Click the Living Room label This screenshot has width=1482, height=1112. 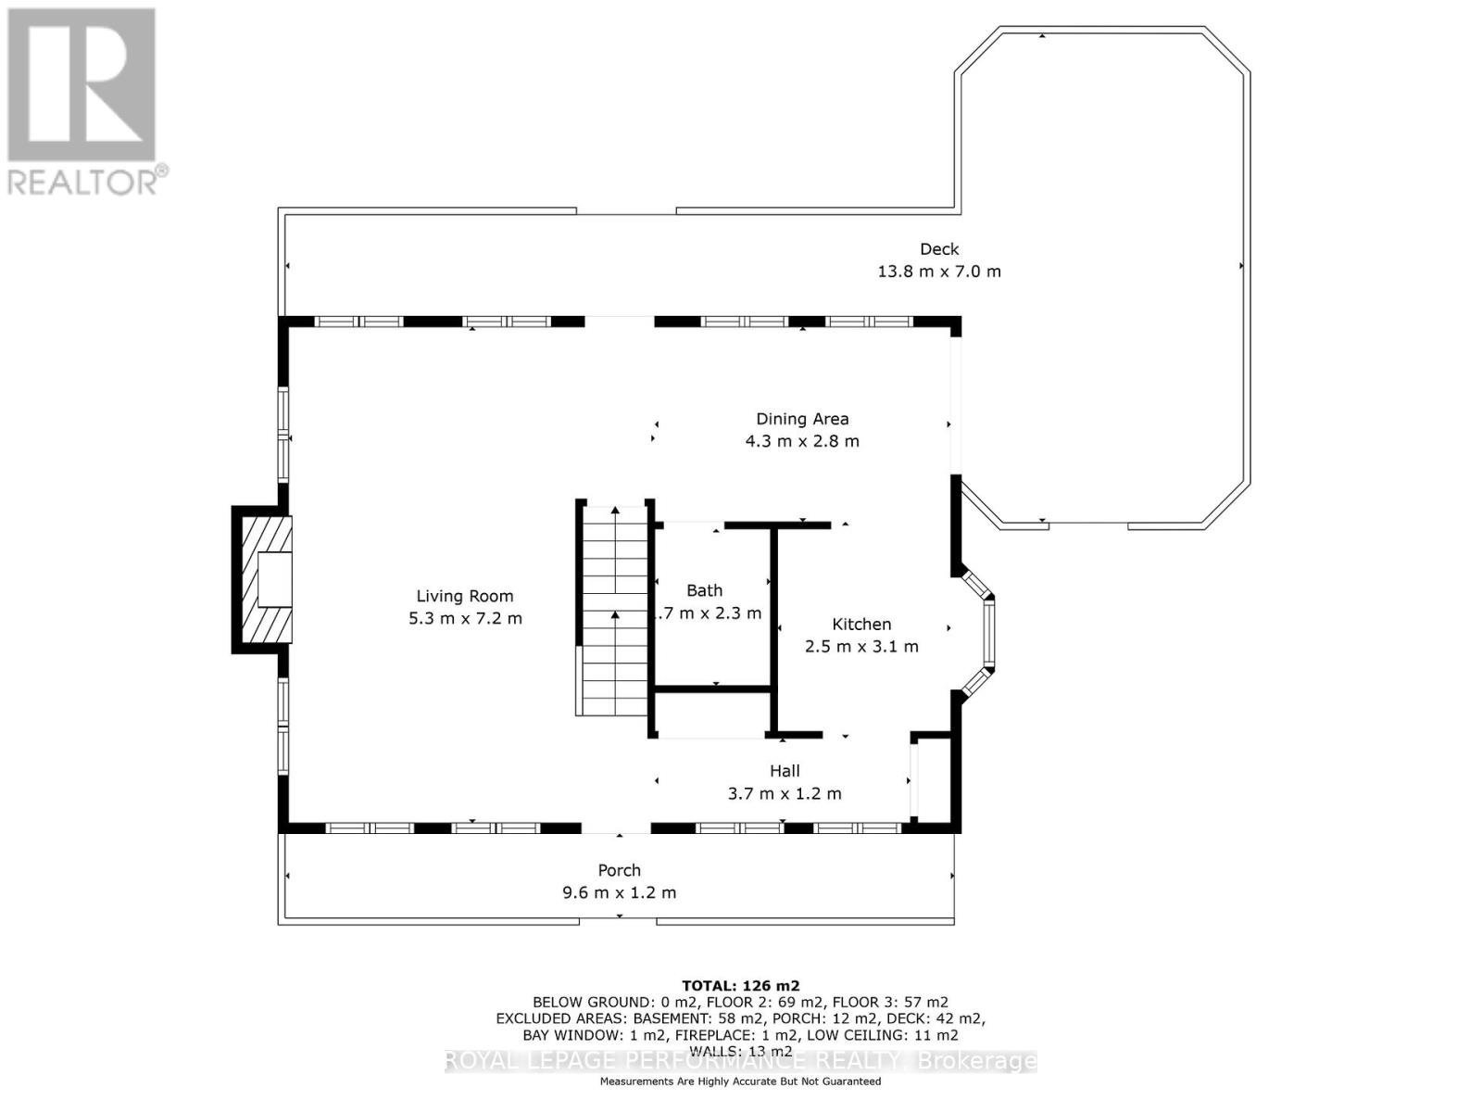click(x=464, y=596)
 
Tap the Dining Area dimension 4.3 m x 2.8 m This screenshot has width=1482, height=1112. click(x=802, y=441)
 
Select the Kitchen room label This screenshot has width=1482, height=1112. click(x=861, y=625)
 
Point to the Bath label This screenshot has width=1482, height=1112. click(x=704, y=590)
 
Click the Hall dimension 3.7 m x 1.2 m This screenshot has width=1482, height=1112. click(x=785, y=793)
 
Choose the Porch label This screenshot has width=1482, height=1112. click(x=619, y=870)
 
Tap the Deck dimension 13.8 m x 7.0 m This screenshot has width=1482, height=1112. click(x=938, y=272)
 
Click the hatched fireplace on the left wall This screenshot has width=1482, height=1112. click(x=263, y=579)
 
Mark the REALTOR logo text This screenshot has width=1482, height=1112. click(x=88, y=180)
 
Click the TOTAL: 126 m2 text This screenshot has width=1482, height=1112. click(x=740, y=986)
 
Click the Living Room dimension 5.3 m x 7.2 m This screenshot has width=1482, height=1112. click(x=465, y=618)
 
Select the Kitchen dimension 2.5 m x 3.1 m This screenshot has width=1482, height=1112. click(x=861, y=647)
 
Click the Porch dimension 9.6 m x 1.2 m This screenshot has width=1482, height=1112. click(x=619, y=892)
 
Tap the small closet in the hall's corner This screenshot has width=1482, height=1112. click(x=933, y=778)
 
